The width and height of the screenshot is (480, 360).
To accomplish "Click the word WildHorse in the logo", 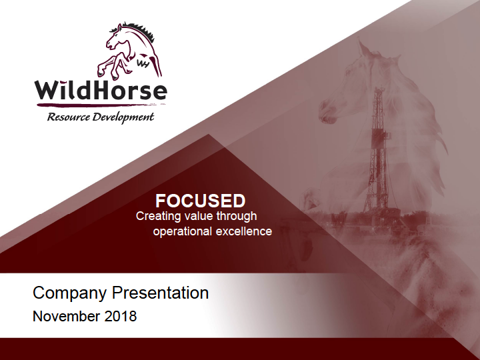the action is (101, 91).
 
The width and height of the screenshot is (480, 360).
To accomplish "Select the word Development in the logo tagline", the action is (123, 117).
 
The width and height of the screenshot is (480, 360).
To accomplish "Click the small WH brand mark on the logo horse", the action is (143, 64).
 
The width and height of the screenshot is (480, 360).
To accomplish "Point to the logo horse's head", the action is (116, 37).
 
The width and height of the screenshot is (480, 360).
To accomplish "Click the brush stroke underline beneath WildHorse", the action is (101, 105).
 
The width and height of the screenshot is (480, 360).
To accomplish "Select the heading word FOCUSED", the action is (201, 201).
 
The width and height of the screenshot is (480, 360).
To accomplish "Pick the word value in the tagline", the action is (199, 216).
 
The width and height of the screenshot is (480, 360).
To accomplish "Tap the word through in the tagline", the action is (237, 216).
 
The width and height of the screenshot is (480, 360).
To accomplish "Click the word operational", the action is (183, 231).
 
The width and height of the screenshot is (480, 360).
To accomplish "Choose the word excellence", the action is (244, 231).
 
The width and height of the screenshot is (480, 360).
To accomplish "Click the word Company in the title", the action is (69, 293).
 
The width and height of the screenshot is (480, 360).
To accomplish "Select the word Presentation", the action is (161, 293).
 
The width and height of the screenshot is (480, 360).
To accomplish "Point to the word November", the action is (67, 316).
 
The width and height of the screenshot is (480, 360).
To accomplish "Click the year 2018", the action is (120, 316).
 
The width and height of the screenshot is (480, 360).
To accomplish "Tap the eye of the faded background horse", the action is (349, 73).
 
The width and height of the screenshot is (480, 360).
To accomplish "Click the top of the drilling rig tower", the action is (380, 88).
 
